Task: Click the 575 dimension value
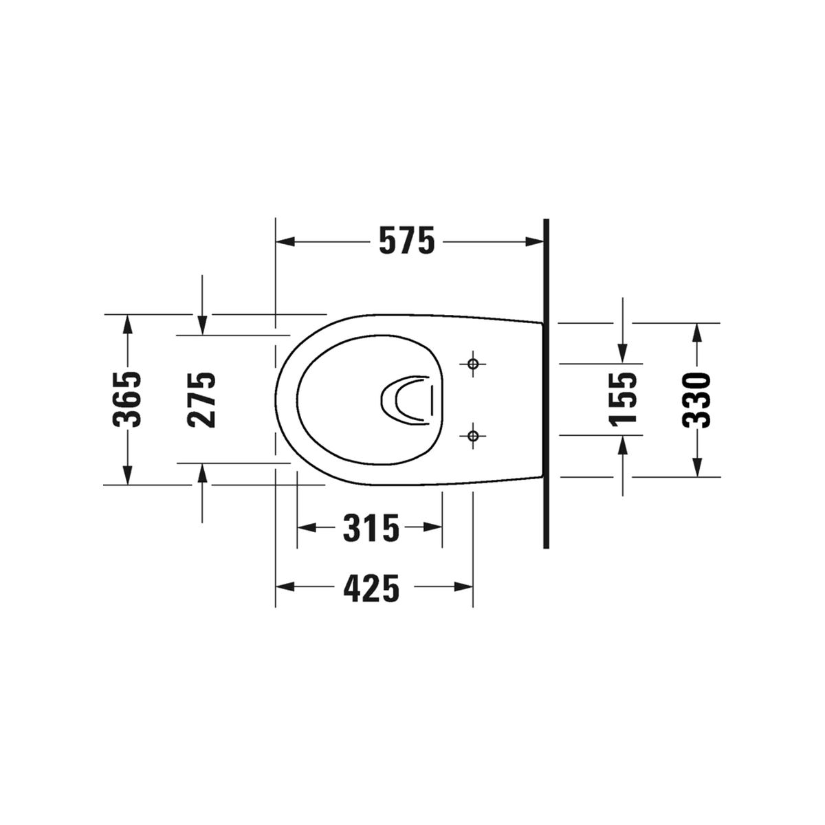(407, 241)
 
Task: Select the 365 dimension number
(126, 399)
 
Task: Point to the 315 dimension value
(371, 528)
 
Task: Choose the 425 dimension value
(371, 588)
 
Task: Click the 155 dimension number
(622, 399)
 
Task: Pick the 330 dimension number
(696, 400)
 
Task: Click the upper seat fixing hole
(472, 364)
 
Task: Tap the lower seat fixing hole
(472, 436)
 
